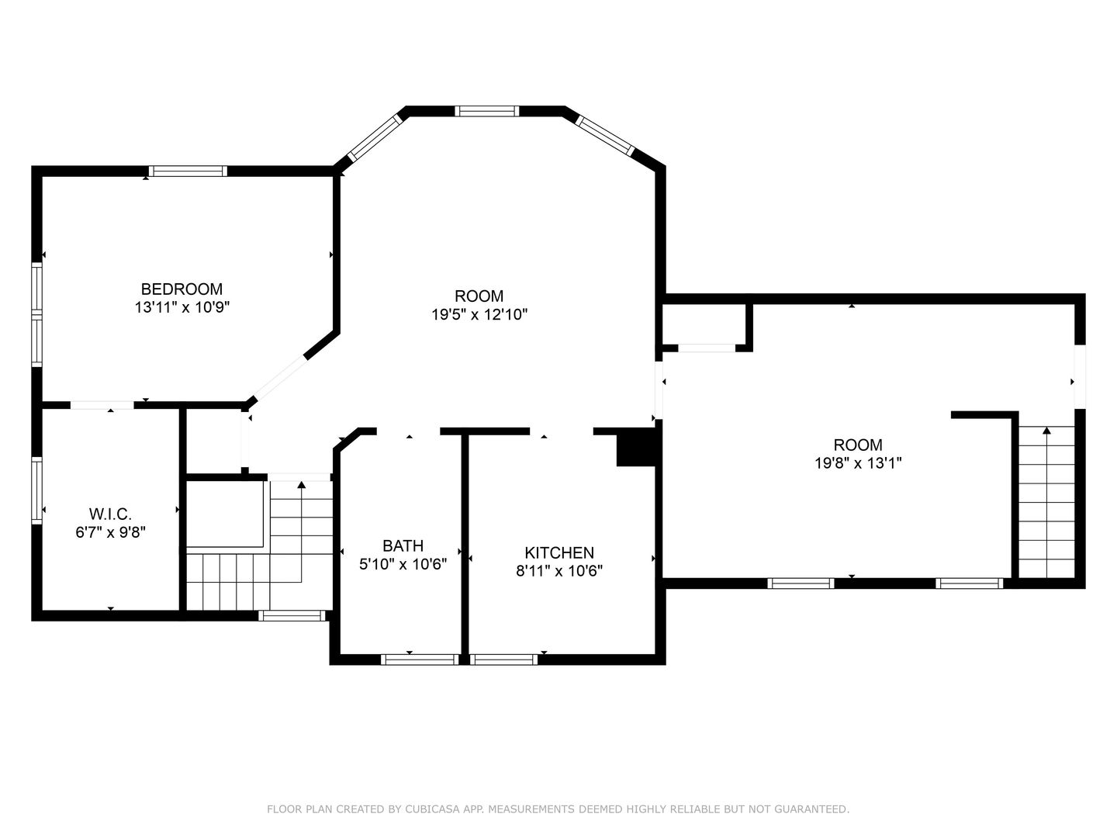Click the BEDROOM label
click(x=182, y=289)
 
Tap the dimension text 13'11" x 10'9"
click(x=182, y=307)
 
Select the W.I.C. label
click(x=110, y=514)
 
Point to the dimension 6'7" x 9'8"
click(x=110, y=532)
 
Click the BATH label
click(x=403, y=545)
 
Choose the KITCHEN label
click(x=559, y=552)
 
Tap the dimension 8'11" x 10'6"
click(x=559, y=571)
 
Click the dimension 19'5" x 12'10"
click(x=479, y=314)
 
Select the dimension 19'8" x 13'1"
click(x=857, y=463)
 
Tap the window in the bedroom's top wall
click(x=188, y=171)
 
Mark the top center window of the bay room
click(x=486, y=111)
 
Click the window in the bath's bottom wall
click(x=420, y=660)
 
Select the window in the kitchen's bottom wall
click(x=503, y=660)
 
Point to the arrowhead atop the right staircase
click(x=1046, y=430)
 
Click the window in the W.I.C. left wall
click(x=36, y=490)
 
